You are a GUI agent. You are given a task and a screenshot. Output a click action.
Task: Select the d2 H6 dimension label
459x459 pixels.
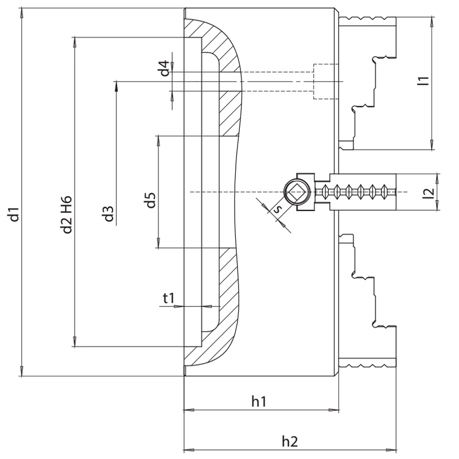coord(68,214)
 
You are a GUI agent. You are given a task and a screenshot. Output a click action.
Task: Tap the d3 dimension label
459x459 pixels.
coord(107,215)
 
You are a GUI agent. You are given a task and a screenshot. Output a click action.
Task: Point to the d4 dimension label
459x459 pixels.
coord(165,69)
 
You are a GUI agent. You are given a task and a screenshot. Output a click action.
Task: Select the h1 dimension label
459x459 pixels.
coord(259,402)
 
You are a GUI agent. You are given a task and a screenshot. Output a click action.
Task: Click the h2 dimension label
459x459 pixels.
coord(290,441)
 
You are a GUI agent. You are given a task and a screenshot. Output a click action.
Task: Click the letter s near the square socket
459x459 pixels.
coord(278,209)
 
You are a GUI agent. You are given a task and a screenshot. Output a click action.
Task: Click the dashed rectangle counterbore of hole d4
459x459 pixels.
coord(324,81)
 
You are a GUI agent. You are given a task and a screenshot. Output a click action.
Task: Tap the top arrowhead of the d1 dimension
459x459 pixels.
coord(21,13)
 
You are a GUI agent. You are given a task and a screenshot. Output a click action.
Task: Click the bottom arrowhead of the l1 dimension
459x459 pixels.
coord(431,146)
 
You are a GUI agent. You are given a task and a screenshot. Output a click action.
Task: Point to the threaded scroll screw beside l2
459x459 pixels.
coord(359,191)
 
